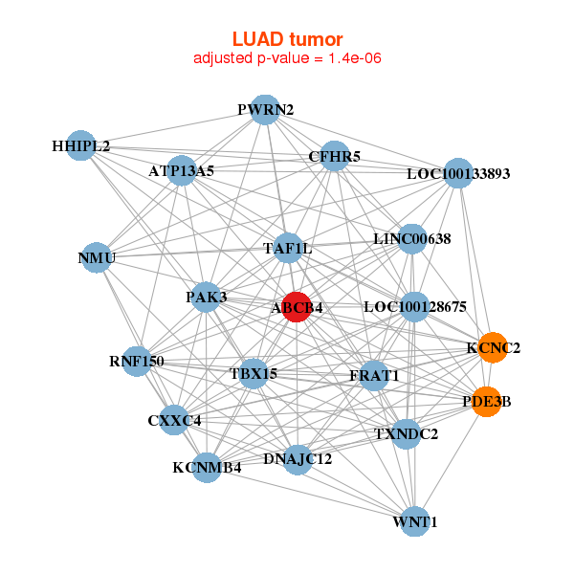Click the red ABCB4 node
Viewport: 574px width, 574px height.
coord(297,307)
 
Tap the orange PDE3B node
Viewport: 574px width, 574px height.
coord(487,402)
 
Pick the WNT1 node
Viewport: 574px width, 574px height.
coord(414,522)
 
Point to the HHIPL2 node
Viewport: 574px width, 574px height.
coord(81,146)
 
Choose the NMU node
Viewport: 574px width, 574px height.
coord(97,257)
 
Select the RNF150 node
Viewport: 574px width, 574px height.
coord(138,362)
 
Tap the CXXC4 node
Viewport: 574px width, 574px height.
coord(174,419)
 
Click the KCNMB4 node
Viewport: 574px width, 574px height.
coord(207,468)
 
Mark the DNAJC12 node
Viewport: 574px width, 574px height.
coord(298,459)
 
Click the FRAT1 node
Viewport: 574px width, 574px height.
coord(374,376)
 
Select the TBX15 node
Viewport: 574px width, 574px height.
coord(254,373)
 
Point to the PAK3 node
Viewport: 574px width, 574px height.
coord(207,298)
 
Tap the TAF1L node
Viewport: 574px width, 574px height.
coord(288,249)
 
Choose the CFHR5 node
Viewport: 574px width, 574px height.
coord(334,156)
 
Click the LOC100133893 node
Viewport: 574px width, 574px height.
coord(459,174)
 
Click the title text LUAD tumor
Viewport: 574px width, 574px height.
coord(287,39)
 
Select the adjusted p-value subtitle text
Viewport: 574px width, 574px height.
coord(287,58)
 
